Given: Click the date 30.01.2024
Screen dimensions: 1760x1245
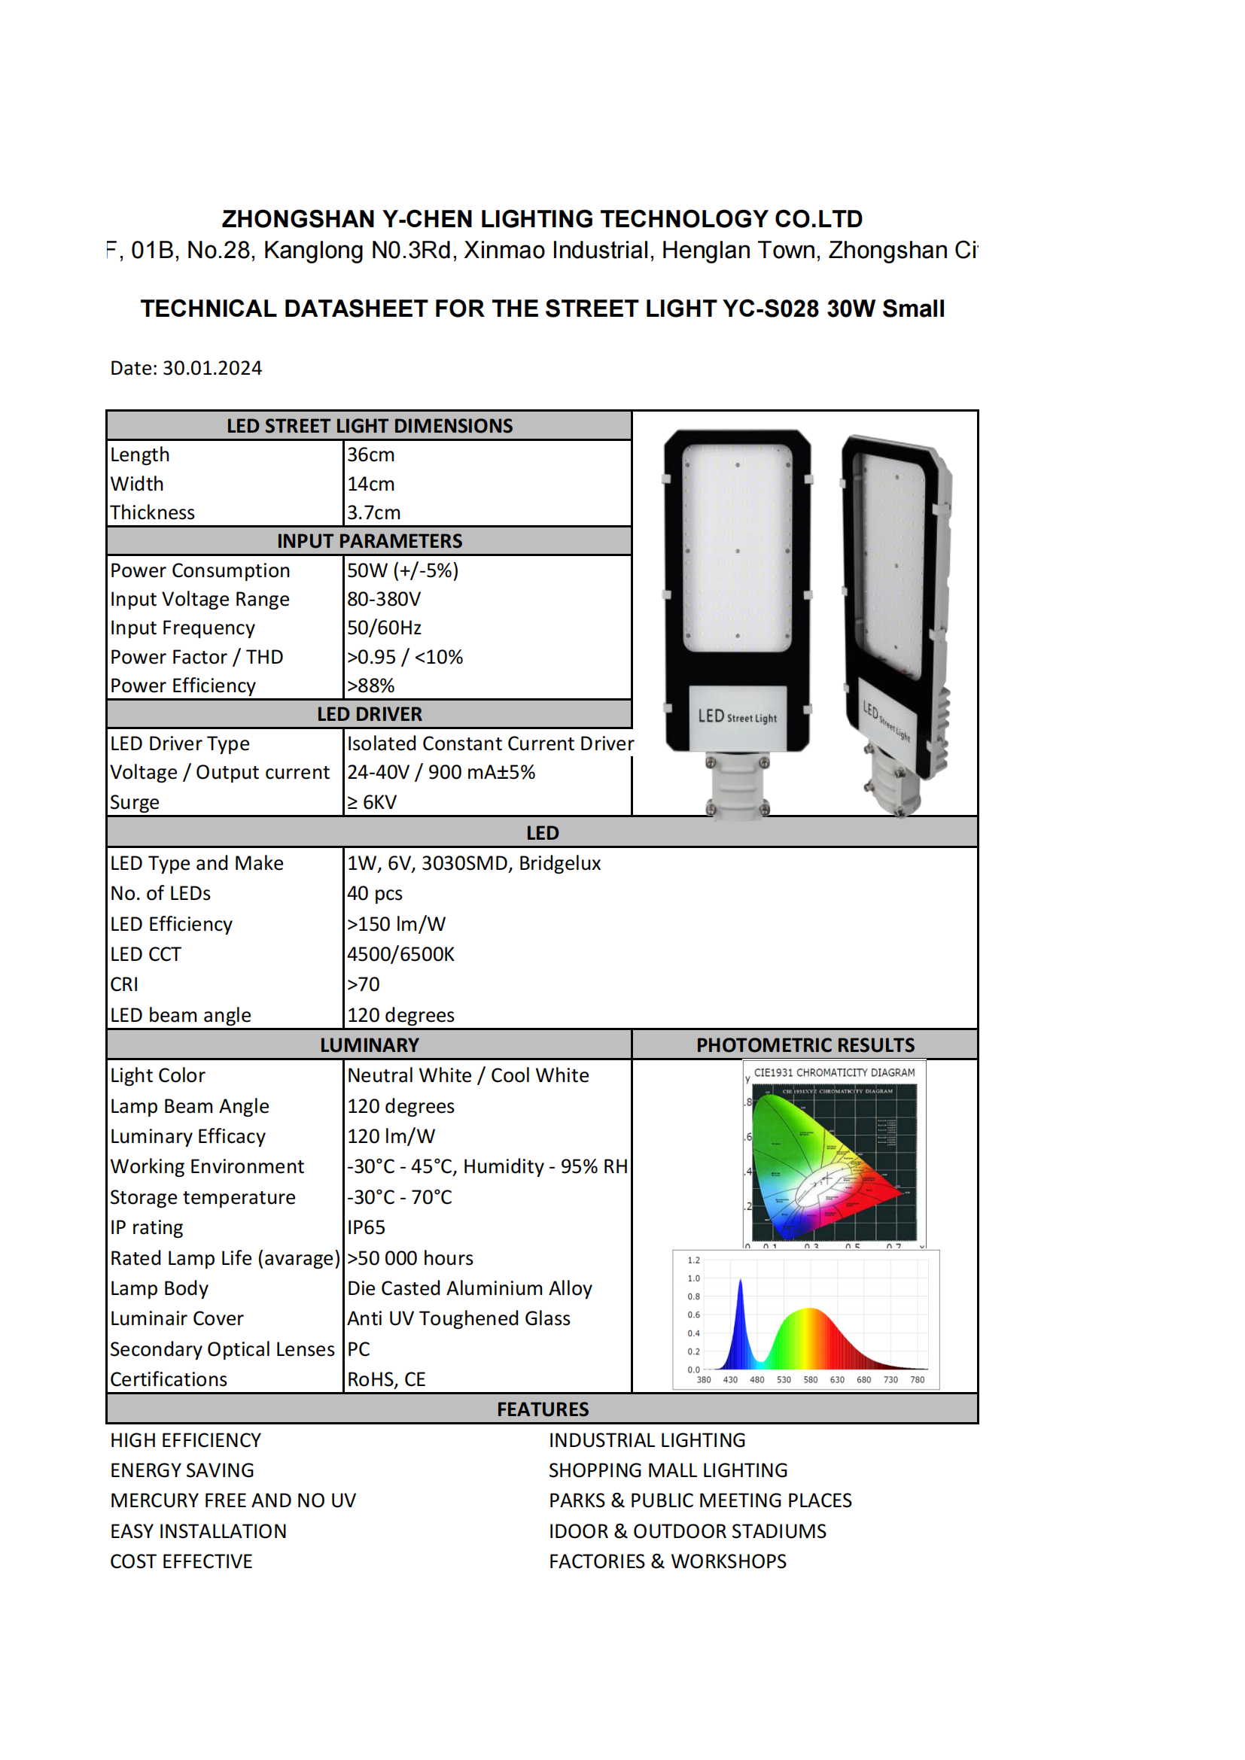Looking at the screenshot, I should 212,368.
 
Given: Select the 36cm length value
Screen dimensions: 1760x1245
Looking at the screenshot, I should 371,454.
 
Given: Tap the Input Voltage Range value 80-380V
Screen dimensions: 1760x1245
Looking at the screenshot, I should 384,599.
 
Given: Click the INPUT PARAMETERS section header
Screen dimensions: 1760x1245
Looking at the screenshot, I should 370,541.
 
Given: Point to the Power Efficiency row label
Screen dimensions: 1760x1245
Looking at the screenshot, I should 182,685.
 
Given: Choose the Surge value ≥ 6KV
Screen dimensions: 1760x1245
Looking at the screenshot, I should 372,802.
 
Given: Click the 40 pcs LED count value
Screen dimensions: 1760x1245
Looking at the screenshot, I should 375,893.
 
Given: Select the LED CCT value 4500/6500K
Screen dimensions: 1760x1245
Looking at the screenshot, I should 401,953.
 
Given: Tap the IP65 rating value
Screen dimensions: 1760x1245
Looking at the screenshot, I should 367,1227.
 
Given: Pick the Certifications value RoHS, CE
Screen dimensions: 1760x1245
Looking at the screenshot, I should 386,1379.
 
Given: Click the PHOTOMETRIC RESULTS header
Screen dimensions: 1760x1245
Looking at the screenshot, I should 805,1045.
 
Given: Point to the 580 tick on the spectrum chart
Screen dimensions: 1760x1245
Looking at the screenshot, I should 811,1380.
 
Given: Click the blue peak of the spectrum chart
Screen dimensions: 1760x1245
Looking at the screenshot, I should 741,1284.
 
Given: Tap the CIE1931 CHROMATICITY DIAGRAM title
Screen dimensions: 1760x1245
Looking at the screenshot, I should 834,1072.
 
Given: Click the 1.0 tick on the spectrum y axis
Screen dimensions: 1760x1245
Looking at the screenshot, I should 694,1278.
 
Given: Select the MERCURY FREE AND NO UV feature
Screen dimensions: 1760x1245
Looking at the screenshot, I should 233,1500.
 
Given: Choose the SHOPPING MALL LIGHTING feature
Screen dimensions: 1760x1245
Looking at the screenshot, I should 668,1470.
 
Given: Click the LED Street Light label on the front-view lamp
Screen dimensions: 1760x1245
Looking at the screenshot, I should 737,717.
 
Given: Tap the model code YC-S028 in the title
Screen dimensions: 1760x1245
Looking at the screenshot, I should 772,309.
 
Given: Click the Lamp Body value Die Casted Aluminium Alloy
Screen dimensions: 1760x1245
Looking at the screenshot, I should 470,1287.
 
